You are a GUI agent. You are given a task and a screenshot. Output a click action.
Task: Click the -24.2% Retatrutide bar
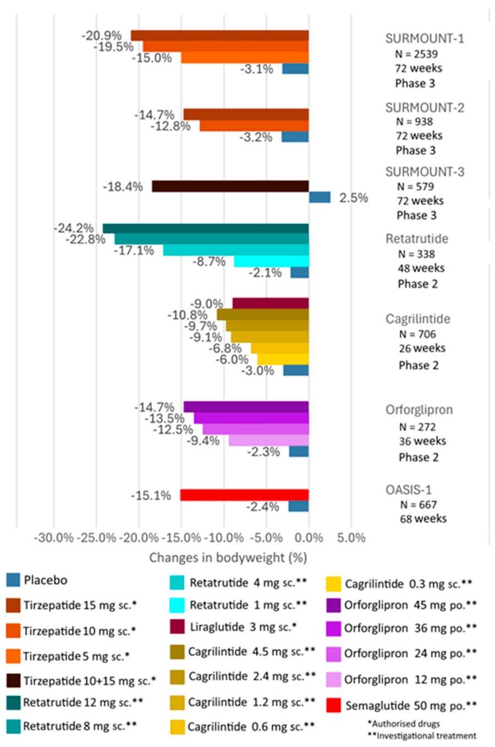(206, 228)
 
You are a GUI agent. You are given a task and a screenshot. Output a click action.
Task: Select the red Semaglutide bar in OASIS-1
(244, 495)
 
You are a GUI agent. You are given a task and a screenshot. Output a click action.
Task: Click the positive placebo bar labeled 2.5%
(320, 197)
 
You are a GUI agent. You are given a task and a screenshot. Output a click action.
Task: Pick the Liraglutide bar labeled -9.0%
(270, 303)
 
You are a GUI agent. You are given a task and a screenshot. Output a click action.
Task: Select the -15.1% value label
(151, 496)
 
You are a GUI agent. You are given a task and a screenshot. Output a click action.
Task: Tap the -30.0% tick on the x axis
(53, 537)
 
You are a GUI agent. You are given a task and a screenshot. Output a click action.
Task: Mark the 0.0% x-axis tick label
(309, 537)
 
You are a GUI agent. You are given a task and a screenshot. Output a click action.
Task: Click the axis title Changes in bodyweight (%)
(228, 558)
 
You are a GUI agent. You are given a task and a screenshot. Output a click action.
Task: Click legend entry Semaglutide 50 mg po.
(410, 705)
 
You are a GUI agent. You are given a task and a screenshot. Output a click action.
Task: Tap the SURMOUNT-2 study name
(425, 107)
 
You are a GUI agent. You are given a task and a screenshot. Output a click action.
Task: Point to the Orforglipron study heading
(419, 410)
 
